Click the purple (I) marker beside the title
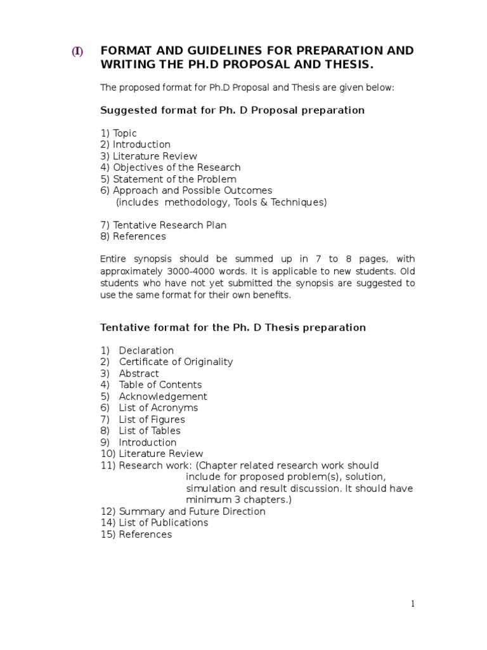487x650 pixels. tap(77, 52)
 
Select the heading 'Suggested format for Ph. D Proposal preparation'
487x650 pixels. tap(232, 110)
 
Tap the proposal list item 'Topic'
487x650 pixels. tap(125, 133)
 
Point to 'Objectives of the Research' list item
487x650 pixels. tap(177, 168)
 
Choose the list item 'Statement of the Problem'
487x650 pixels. tap(174, 179)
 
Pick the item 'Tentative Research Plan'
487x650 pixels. tap(169, 225)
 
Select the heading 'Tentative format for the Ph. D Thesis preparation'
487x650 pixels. tap(233, 328)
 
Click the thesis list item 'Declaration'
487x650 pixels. tap(146, 350)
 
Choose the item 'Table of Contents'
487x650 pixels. tap(160, 385)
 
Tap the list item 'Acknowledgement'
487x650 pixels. tap(163, 397)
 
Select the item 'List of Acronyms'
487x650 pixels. tap(158, 408)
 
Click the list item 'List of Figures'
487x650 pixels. tap(152, 420)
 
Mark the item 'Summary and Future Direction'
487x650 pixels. tap(192, 512)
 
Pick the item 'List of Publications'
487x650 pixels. tap(163, 523)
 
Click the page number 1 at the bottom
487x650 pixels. tap(413, 604)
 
